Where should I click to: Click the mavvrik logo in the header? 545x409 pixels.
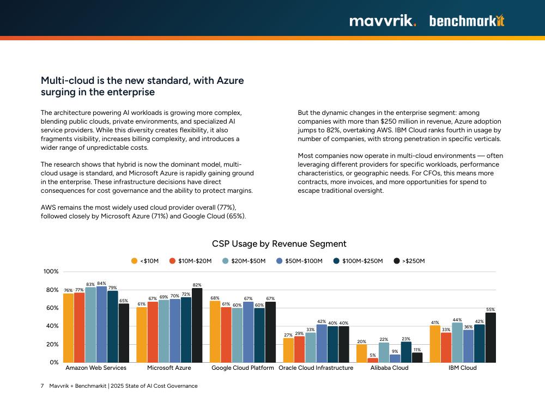click(x=383, y=21)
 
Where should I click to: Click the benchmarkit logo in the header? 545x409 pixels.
click(x=467, y=21)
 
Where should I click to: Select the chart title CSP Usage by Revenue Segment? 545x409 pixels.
click(x=279, y=244)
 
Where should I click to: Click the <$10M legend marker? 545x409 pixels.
click(x=135, y=261)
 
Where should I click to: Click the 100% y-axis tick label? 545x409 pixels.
click(x=51, y=272)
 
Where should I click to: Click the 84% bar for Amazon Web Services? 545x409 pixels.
click(x=101, y=325)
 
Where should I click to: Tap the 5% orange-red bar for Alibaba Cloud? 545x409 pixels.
click(x=373, y=360)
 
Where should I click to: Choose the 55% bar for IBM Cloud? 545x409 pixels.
click(x=491, y=338)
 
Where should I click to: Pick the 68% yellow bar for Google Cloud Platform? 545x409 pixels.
click(x=215, y=332)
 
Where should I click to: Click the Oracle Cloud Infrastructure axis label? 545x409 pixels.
click(x=316, y=368)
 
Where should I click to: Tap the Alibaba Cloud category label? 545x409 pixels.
click(x=389, y=368)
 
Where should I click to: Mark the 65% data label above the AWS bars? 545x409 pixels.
click(x=124, y=301)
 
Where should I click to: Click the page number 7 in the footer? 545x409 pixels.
click(x=43, y=386)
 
